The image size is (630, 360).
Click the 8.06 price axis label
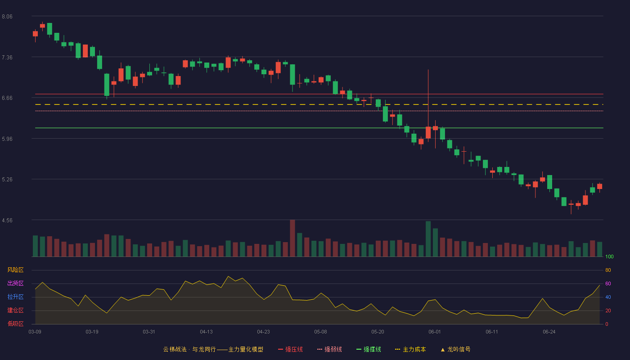(x=7, y=17)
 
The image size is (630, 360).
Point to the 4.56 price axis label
(x=7, y=220)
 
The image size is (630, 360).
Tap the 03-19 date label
(x=92, y=332)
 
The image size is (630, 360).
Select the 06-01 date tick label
(x=435, y=332)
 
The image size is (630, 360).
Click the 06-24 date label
(x=549, y=332)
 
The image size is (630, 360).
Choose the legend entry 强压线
(x=290, y=349)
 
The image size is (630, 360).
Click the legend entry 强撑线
(x=369, y=349)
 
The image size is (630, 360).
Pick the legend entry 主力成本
(x=410, y=349)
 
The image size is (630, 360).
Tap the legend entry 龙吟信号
(x=455, y=349)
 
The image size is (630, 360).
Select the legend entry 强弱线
(x=329, y=349)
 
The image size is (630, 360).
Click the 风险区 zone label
(x=15, y=270)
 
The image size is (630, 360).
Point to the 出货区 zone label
(x=15, y=283)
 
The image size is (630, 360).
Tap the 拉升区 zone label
(x=15, y=297)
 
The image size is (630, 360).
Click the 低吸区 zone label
(x=15, y=324)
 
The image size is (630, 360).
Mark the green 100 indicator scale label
(x=609, y=256)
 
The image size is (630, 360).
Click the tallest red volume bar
(x=292, y=238)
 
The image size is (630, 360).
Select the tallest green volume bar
(x=428, y=239)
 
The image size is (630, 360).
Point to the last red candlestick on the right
(x=599, y=186)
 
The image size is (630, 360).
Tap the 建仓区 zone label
(x=15, y=310)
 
